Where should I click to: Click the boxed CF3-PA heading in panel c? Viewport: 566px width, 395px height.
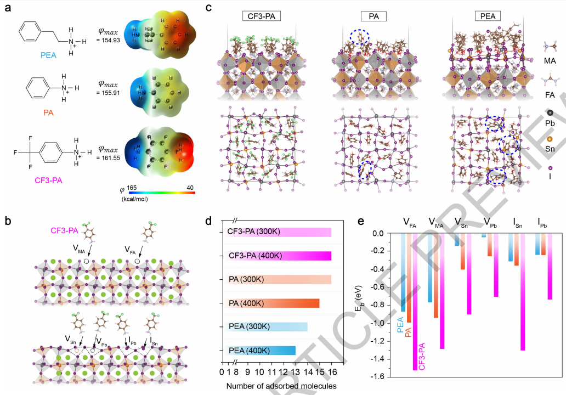[x=262, y=16]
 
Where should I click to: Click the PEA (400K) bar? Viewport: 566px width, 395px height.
[x=260, y=351]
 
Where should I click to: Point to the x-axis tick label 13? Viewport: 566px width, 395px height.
[x=295, y=372]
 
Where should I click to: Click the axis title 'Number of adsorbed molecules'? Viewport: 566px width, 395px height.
[x=281, y=386]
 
